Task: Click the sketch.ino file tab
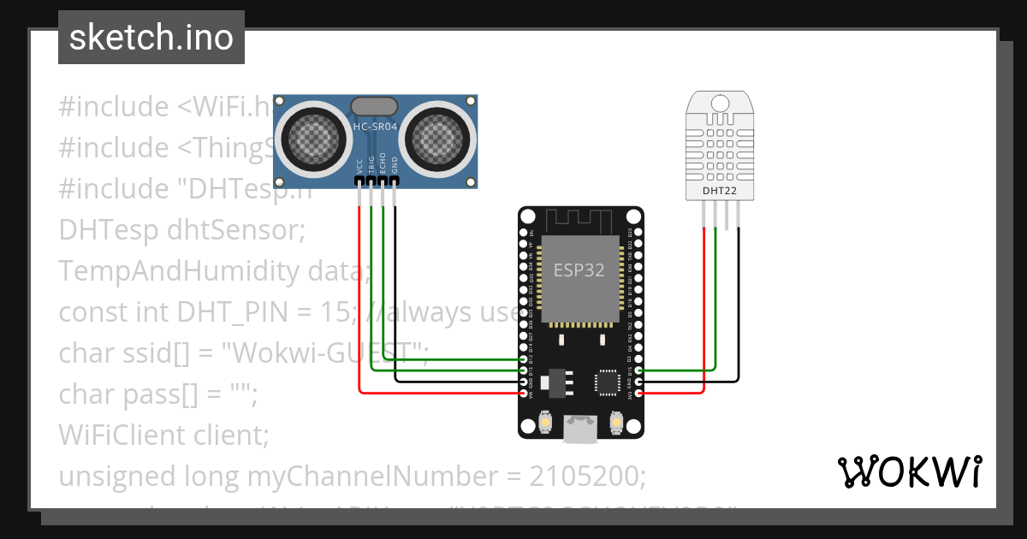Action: point(151,38)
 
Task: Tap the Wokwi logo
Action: point(908,471)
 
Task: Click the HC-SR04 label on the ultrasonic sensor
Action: point(375,127)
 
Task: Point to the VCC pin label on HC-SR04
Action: point(359,169)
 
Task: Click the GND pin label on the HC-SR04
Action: point(395,166)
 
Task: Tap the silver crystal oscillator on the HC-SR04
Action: point(374,106)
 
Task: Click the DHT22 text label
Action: point(719,191)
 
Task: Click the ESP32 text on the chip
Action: point(579,270)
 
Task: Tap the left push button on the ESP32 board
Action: point(546,422)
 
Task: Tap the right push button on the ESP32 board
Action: point(615,422)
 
